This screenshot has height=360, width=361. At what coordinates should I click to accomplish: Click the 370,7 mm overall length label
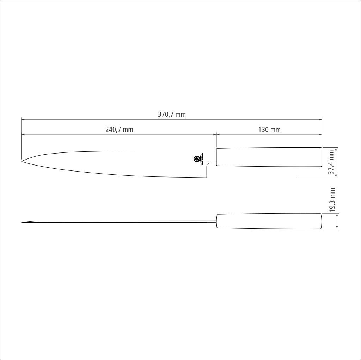[172, 114]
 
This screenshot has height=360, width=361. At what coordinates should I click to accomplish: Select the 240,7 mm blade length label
[119, 130]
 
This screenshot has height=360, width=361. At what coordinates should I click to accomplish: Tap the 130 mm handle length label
[269, 130]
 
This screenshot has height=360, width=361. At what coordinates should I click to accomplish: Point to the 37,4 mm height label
[331, 162]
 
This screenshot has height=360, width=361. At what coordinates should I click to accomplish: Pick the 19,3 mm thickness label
[332, 200]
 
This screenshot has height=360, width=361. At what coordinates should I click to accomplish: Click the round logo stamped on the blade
[197, 159]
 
